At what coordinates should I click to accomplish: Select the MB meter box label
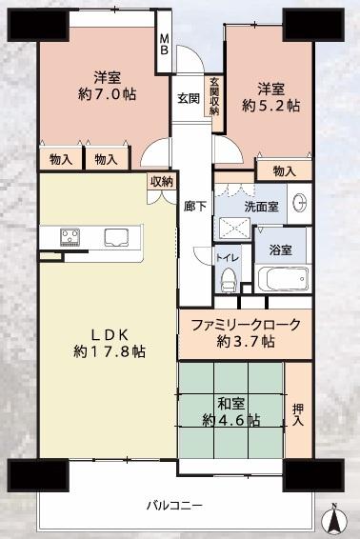[164, 45]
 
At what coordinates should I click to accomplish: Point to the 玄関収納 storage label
[214, 96]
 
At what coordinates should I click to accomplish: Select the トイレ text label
[228, 257]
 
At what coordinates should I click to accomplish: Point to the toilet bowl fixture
[228, 278]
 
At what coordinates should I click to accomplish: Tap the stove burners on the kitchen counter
[72, 236]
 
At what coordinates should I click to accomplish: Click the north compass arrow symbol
[333, 517]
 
